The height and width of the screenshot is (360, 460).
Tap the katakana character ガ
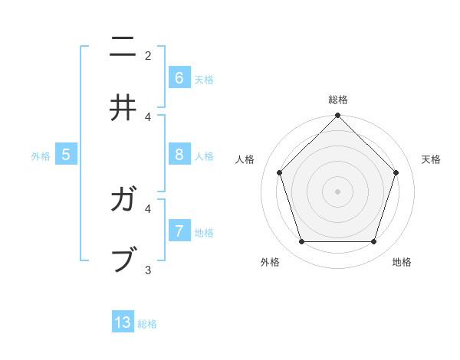(123, 201)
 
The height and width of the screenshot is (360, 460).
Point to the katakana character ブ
(123, 259)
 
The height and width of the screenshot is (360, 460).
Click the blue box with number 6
(179, 77)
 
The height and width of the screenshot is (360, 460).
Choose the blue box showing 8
(179, 154)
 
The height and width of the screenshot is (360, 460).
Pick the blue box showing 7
(179, 231)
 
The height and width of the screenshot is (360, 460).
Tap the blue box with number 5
(66, 154)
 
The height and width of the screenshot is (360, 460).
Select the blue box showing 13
(123, 322)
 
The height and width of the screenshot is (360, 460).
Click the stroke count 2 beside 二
(148, 55)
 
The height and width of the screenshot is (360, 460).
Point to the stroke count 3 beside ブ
(148, 270)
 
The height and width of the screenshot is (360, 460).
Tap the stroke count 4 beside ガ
(148, 208)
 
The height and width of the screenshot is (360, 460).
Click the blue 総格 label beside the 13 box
(147, 324)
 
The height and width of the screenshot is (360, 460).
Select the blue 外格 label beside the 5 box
(41, 156)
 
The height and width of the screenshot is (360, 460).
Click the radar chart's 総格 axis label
(338, 100)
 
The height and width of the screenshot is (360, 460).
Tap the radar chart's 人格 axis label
(245, 159)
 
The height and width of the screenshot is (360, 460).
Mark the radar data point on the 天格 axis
(396, 172)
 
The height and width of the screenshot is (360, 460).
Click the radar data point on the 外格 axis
(301, 242)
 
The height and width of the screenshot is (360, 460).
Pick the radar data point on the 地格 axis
(374, 242)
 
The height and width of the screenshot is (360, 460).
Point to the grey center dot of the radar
(337, 191)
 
